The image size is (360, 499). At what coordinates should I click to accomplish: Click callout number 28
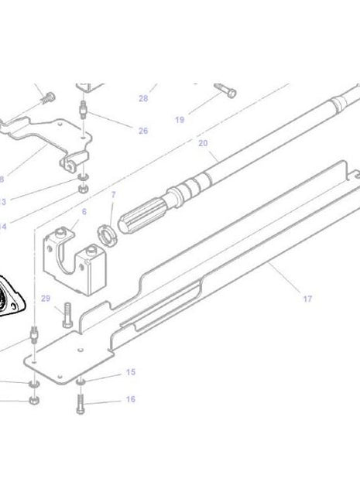(143, 98)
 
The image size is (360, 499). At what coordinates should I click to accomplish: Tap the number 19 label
(180, 119)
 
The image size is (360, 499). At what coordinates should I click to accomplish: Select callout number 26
(143, 131)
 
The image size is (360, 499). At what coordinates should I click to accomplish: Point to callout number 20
(204, 143)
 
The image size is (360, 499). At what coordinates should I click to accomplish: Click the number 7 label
(113, 195)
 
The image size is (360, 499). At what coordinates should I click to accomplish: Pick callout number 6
(84, 210)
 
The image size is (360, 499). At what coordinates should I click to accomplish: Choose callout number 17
(307, 297)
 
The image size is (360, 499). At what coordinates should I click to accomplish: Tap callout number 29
(45, 299)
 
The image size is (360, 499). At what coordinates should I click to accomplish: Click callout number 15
(130, 372)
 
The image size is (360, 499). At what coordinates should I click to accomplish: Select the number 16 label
(130, 399)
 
